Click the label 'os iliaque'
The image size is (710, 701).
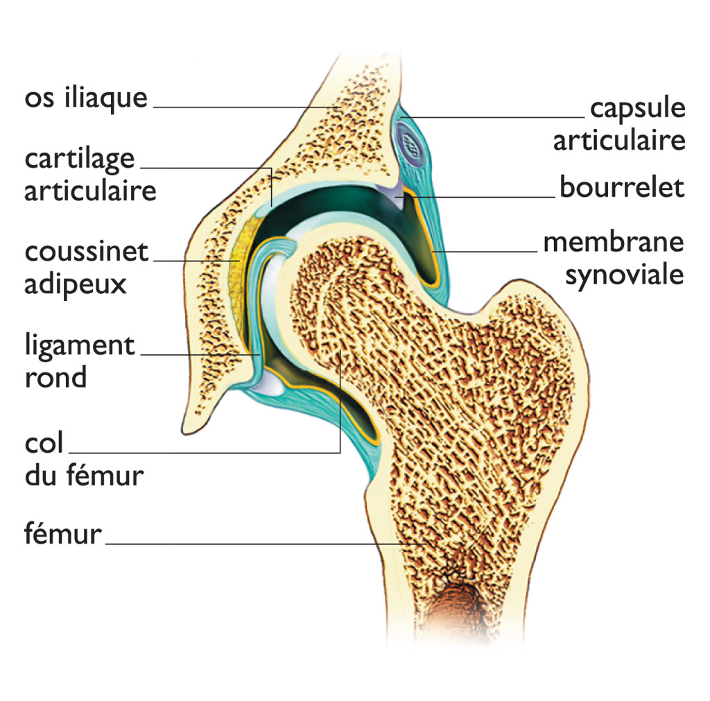pyautogui.click(x=86, y=97)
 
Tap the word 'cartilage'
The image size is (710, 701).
pyautogui.click(x=80, y=159)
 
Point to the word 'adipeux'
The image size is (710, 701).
pyautogui.click(x=76, y=284)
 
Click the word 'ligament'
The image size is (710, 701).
pyautogui.click(x=80, y=347)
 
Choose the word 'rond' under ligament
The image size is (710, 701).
pyautogui.click(x=55, y=377)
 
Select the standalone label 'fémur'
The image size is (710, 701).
pyautogui.click(x=63, y=533)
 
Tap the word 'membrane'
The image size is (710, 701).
pyautogui.click(x=614, y=242)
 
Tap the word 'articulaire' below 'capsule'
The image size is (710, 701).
pyautogui.click(x=619, y=141)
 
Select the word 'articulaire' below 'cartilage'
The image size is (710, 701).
pyautogui.click(x=90, y=190)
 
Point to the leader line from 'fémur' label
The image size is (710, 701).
pyautogui.click(x=266, y=544)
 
